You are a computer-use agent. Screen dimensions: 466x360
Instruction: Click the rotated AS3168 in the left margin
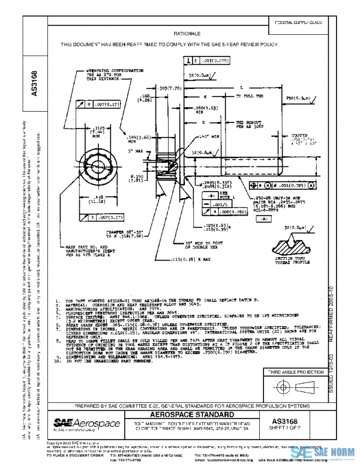34,83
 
